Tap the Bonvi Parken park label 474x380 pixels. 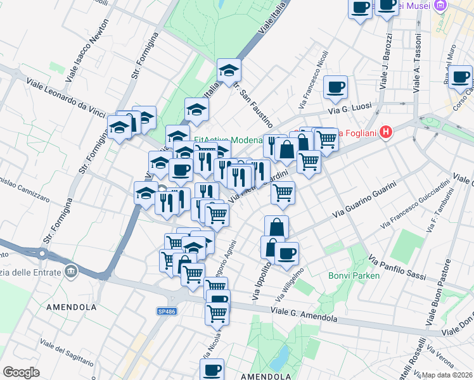coord(354,275)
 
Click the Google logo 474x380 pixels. coord(21,372)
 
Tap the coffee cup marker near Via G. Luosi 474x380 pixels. coord(335,87)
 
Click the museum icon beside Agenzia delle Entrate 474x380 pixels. coord(71,272)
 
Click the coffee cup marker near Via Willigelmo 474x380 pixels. coord(286,253)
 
